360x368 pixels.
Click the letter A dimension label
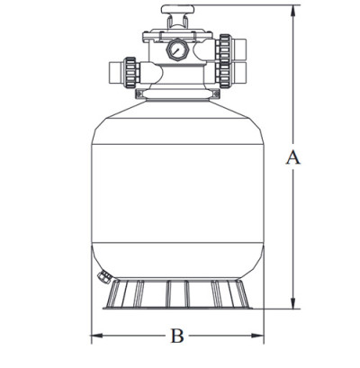coord(292,158)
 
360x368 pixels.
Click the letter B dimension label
coord(177,337)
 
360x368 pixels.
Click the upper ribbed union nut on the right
coord(222,44)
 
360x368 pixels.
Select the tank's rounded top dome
coord(176,112)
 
